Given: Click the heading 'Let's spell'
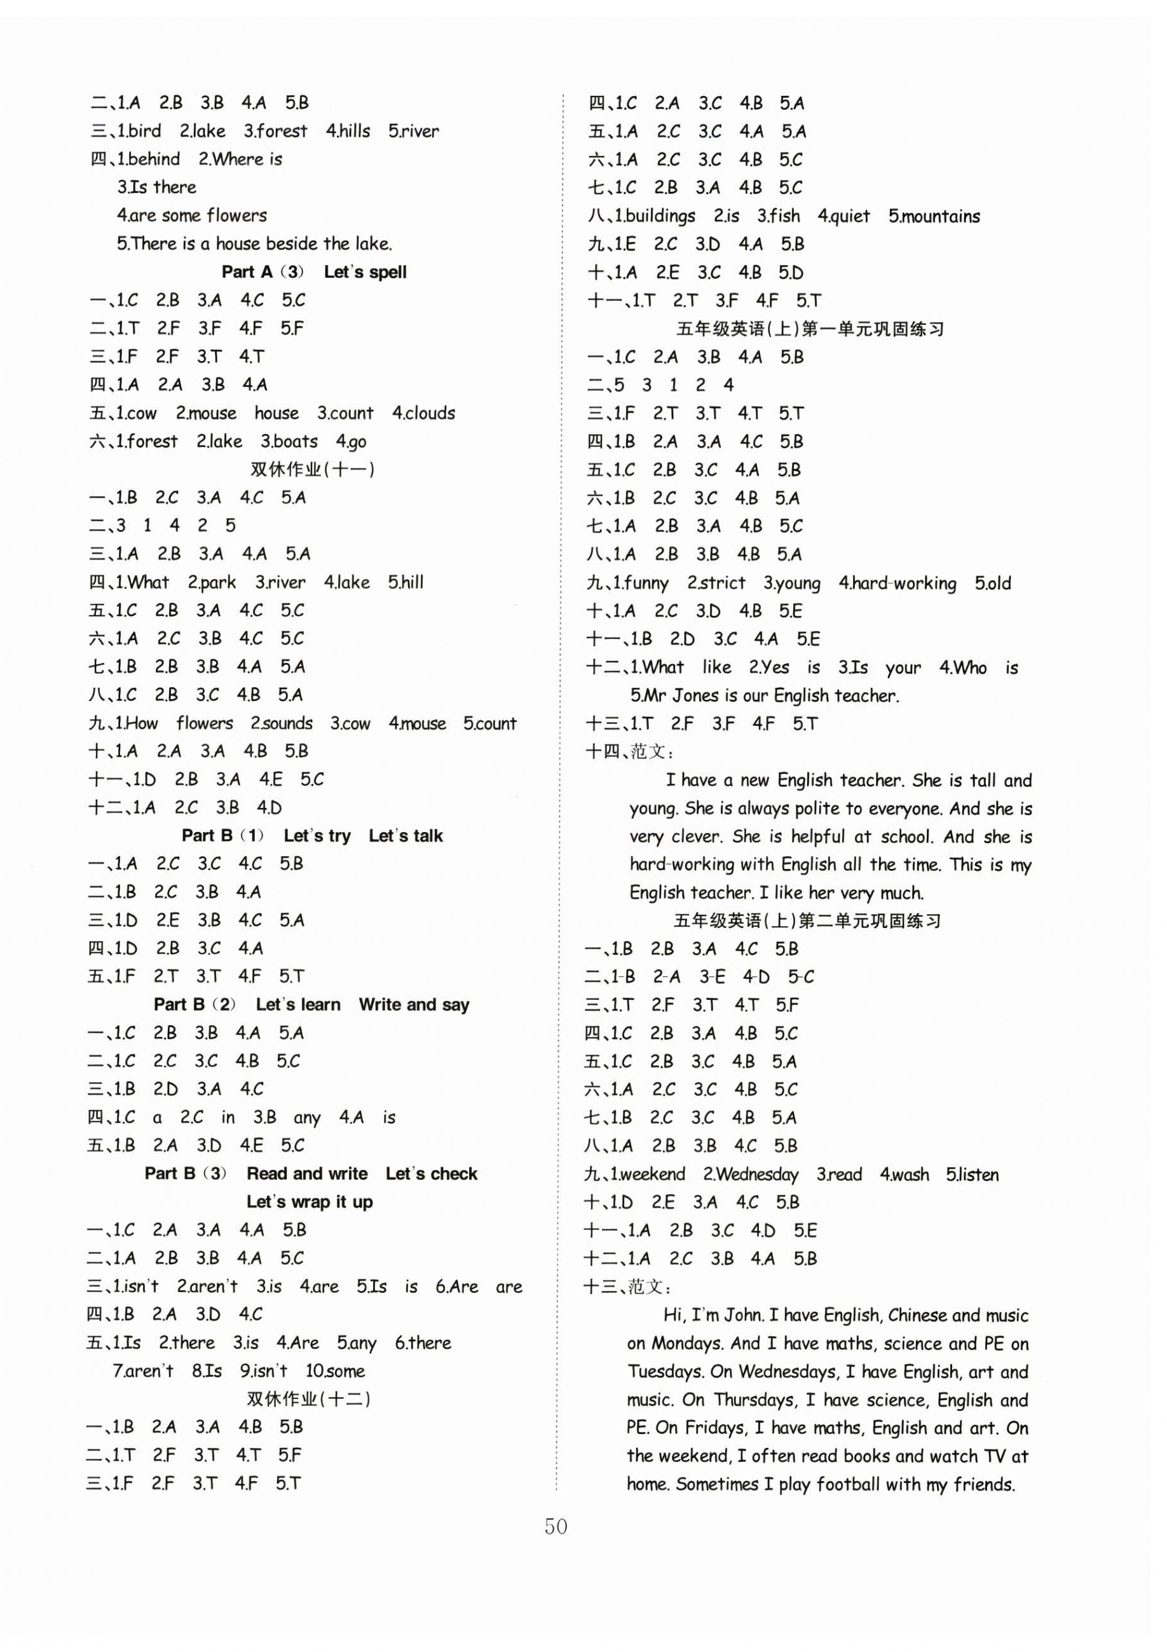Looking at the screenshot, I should pyautogui.click(x=365, y=272).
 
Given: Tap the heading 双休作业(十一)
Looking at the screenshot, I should pyautogui.click(x=311, y=469).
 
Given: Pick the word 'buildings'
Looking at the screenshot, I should pyautogui.click(x=660, y=216).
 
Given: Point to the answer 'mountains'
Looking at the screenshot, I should pyautogui.click(x=939, y=216).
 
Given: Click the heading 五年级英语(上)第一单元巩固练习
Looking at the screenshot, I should pyautogui.click(x=810, y=329).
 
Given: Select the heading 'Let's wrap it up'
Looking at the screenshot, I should pyautogui.click(x=310, y=1201).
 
